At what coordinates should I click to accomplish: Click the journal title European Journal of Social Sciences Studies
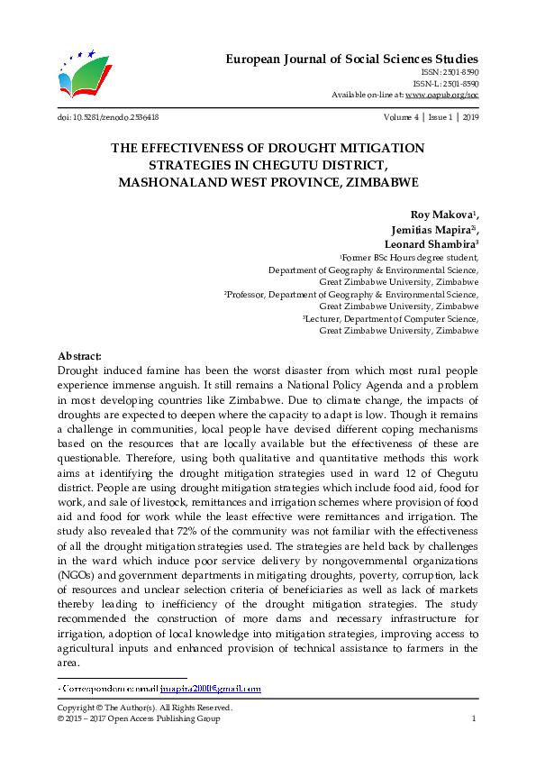click(x=350, y=59)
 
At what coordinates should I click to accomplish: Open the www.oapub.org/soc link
click(x=441, y=94)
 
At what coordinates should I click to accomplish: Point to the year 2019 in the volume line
click(x=469, y=117)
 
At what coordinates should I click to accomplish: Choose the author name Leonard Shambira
click(x=428, y=243)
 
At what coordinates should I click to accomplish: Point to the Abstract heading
click(x=79, y=357)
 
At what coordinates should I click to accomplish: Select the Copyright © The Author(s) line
click(x=144, y=708)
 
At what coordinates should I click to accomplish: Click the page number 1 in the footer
click(x=474, y=718)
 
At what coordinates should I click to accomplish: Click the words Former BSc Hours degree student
click(x=409, y=257)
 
